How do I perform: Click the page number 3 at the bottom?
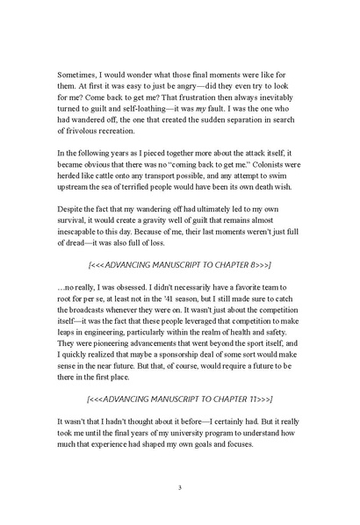pyautogui.click(x=179, y=488)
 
